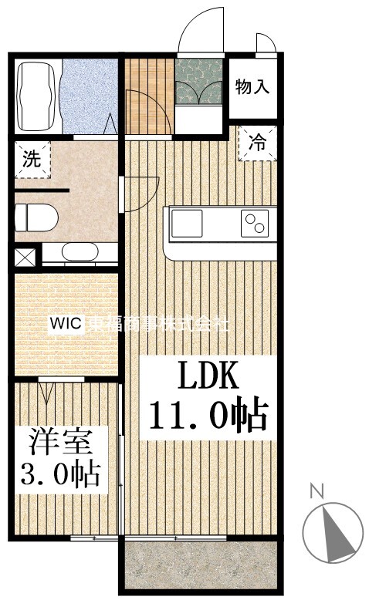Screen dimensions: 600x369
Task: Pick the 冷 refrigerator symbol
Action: coord(257,143)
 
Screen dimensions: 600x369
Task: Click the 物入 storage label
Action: coord(252,86)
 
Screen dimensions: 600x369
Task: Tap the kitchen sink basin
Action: coord(187,224)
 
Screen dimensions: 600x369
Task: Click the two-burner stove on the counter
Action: coord(255,224)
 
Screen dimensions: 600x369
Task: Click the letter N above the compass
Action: coord(315,490)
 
